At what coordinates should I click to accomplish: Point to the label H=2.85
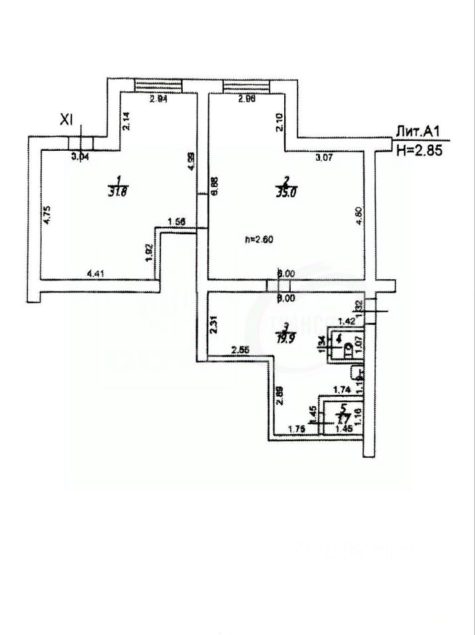418,150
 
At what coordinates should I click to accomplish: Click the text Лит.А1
415,132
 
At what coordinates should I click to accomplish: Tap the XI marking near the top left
66,119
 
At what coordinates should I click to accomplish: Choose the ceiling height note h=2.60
260,239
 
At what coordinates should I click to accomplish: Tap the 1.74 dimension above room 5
342,390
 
